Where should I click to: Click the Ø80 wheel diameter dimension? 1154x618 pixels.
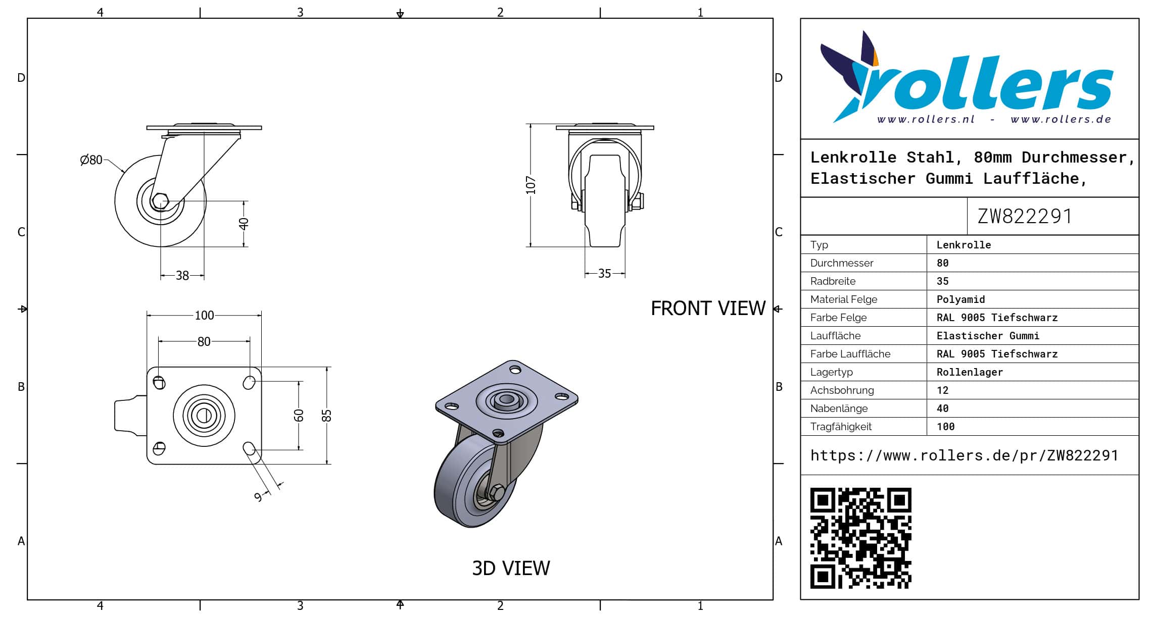[x=91, y=160]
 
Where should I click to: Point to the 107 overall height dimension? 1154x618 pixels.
[x=531, y=185]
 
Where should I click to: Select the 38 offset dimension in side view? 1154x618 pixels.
[x=182, y=276]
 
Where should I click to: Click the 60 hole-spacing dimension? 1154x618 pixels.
[x=299, y=416]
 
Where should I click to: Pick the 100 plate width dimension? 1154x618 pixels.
[x=204, y=316]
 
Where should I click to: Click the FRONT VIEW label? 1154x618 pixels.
[x=708, y=308]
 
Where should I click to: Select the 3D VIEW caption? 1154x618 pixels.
[x=511, y=569]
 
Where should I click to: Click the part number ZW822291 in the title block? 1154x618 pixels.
[x=1025, y=216]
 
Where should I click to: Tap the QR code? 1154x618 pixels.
[x=860, y=538]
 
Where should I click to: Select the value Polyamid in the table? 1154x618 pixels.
[x=960, y=299]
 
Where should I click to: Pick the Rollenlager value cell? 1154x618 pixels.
[x=970, y=372]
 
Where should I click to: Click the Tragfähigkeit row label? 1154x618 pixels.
[x=841, y=427]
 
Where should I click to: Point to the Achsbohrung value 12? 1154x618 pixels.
[x=942, y=390]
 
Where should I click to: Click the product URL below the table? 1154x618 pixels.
[x=964, y=455]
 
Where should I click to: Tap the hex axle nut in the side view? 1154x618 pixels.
[x=160, y=201]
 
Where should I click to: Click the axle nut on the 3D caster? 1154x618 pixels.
[x=497, y=492]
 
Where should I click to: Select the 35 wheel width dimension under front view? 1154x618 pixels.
[x=604, y=274]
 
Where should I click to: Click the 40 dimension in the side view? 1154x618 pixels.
[x=244, y=223]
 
